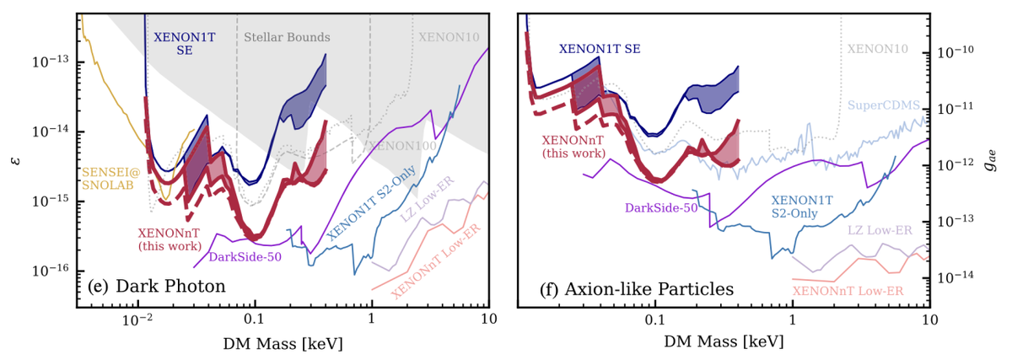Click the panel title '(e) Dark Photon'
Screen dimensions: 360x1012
(x=156, y=287)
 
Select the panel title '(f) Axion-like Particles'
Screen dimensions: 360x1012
(x=637, y=289)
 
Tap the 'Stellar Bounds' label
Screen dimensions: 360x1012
(x=287, y=37)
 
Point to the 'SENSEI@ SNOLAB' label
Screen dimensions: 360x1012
(x=108, y=180)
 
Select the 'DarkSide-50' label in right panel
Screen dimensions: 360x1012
(x=660, y=207)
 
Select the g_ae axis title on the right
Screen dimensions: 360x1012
(x=999, y=156)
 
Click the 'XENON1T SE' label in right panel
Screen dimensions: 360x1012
(x=599, y=49)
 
